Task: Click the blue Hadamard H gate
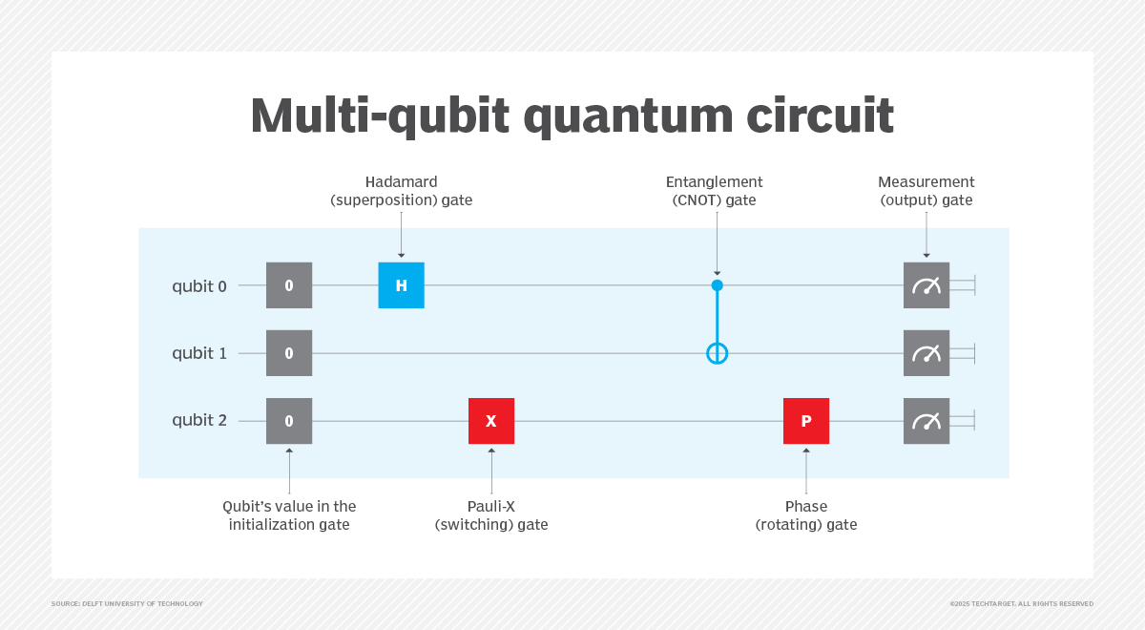click(x=401, y=285)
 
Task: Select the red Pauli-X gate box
click(x=491, y=421)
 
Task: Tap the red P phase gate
click(x=806, y=421)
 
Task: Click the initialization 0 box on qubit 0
click(x=289, y=285)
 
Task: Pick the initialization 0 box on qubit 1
click(x=289, y=353)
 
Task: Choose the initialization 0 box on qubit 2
click(x=289, y=421)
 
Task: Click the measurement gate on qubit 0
click(x=926, y=285)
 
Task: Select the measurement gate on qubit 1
click(x=926, y=353)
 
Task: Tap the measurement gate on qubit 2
click(x=926, y=421)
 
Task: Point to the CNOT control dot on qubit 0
click(x=718, y=285)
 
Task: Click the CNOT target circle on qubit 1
click(x=718, y=354)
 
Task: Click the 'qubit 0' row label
click(x=199, y=285)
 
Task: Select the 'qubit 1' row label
click(x=199, y=353)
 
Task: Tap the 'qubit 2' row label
click(x=199, y=421)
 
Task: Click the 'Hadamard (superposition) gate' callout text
click(x=401, y=191)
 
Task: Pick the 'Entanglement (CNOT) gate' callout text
click(x=716, y=191)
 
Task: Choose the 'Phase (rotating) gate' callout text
click(x=806, y=515)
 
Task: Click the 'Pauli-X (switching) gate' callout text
click(x=491, y=515)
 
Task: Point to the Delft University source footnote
click(x=127, y=603)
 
